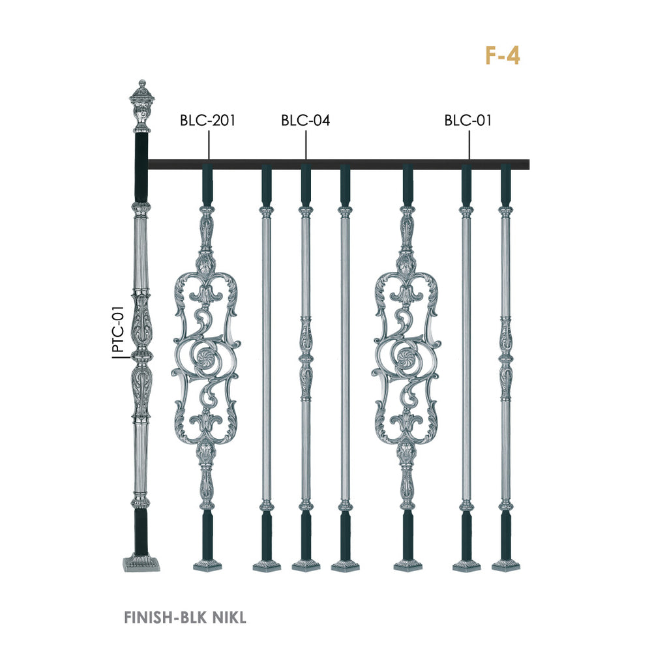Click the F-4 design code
[x=503, y=55]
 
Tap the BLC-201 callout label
[x=207, y=121]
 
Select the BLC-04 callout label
[x=306, y=121]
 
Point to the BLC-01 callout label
[x=467, y=121]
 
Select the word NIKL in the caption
[x=230, y=617]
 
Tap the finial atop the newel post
[x=142, y=106]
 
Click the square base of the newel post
[x=141, y=563]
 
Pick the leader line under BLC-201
[x=209, y=145]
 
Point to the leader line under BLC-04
[x=306, y=145]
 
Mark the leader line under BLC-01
[x=469, y=145]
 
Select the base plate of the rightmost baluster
[x=506, y=565]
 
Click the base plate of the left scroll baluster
[x=207, y=565]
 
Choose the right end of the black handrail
[x=529, y=165]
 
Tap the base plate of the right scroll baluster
[x=408, y=565]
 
